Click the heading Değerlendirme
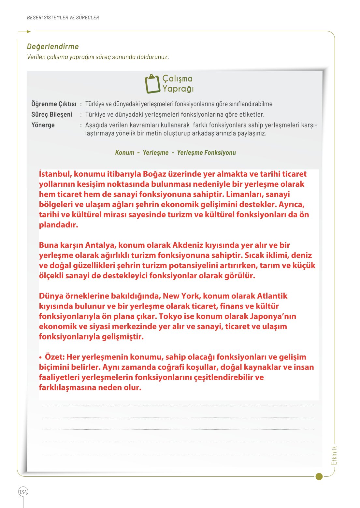click(53, 47)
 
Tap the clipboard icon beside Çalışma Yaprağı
click(152, 84)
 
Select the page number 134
click(23, 492)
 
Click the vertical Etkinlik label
click(334, 456)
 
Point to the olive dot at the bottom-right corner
click(319, 476)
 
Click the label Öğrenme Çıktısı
click(54, 104)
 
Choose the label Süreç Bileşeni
click(52, 114)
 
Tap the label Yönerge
click(43, 125)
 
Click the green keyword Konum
click(124, 152)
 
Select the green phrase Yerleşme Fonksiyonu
click(206, 152)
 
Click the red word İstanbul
click(55, 174)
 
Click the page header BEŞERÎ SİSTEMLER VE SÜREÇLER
click(63, 18)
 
